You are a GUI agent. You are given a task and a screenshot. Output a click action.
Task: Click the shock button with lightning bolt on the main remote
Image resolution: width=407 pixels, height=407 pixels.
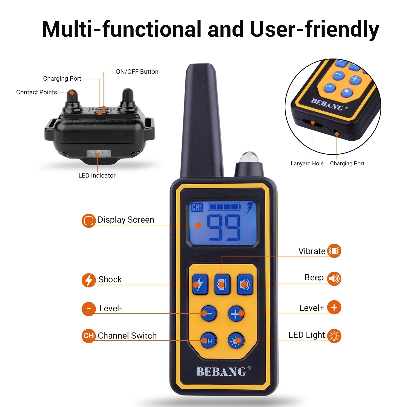click(200, 284)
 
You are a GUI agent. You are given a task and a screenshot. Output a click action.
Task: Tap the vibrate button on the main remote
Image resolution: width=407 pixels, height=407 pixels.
click(222, 284)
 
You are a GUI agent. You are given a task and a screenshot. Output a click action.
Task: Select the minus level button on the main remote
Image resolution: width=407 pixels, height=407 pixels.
click(209, 314)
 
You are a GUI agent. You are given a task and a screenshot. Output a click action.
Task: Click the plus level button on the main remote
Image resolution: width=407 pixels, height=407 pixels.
click(236, 314)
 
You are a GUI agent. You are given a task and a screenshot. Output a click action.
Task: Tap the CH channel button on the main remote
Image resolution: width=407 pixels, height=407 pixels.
click(209, 341)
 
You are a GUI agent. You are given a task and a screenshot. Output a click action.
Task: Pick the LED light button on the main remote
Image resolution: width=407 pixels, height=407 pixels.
click(236, 341)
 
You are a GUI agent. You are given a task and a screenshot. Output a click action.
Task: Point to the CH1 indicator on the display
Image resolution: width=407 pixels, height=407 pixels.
click(197, 207)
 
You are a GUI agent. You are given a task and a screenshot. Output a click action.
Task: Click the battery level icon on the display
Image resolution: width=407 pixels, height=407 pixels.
click(224, 207)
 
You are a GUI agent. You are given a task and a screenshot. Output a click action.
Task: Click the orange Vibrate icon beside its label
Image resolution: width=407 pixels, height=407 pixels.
click(334, 251)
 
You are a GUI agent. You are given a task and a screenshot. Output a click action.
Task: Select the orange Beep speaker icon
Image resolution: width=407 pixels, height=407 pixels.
click(334, 279)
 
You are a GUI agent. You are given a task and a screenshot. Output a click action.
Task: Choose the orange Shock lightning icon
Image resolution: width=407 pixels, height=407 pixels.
click(89, 280)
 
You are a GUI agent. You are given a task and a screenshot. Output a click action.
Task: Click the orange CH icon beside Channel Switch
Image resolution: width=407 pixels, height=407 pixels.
click(89, 336)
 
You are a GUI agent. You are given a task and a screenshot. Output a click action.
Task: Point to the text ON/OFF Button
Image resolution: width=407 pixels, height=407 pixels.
click(137, 72)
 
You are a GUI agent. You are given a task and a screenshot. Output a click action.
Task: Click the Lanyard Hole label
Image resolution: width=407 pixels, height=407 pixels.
click(307, 164)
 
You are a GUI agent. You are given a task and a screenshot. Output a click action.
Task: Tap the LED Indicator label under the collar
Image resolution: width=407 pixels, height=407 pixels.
click(97, 176)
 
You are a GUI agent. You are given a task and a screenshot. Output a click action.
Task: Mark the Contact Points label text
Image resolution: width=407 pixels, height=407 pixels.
click(37, 92)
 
